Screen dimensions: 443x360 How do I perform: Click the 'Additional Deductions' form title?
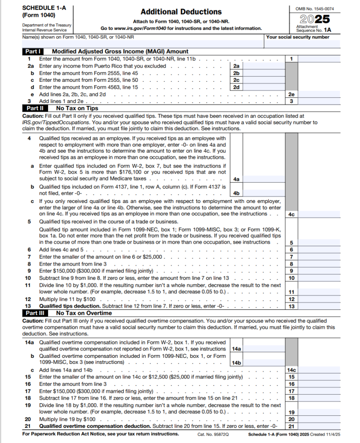coord(181,12)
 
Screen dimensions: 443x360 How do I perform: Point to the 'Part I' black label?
coord(33,51)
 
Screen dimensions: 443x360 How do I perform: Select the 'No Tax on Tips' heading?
coord(77,108)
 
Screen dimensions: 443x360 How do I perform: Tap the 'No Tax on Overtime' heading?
coord(84,312)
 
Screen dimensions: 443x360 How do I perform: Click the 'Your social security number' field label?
coord(298,37)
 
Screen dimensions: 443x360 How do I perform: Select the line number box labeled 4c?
coord(292,214)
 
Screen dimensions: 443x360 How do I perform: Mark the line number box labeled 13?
coord(292,306)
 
